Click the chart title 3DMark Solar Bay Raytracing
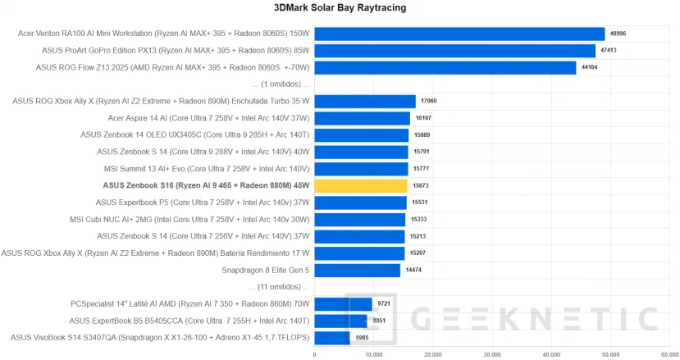point(340,8)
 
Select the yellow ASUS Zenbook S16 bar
point(361,186)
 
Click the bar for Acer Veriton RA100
point(459,34)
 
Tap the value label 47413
point(609,50)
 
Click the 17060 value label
point(429,102)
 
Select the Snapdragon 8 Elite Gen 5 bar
point(358,271)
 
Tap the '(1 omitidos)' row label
point(281,84)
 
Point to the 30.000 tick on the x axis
point(492,354)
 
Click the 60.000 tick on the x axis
point(669,354)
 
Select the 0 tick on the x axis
point(315,354)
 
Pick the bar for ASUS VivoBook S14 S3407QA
point(332,338)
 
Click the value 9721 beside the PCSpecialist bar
point(384,304)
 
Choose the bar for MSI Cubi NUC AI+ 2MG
point(360,220)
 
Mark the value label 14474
point(414,271)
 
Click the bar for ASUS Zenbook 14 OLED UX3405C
point(362,135)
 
